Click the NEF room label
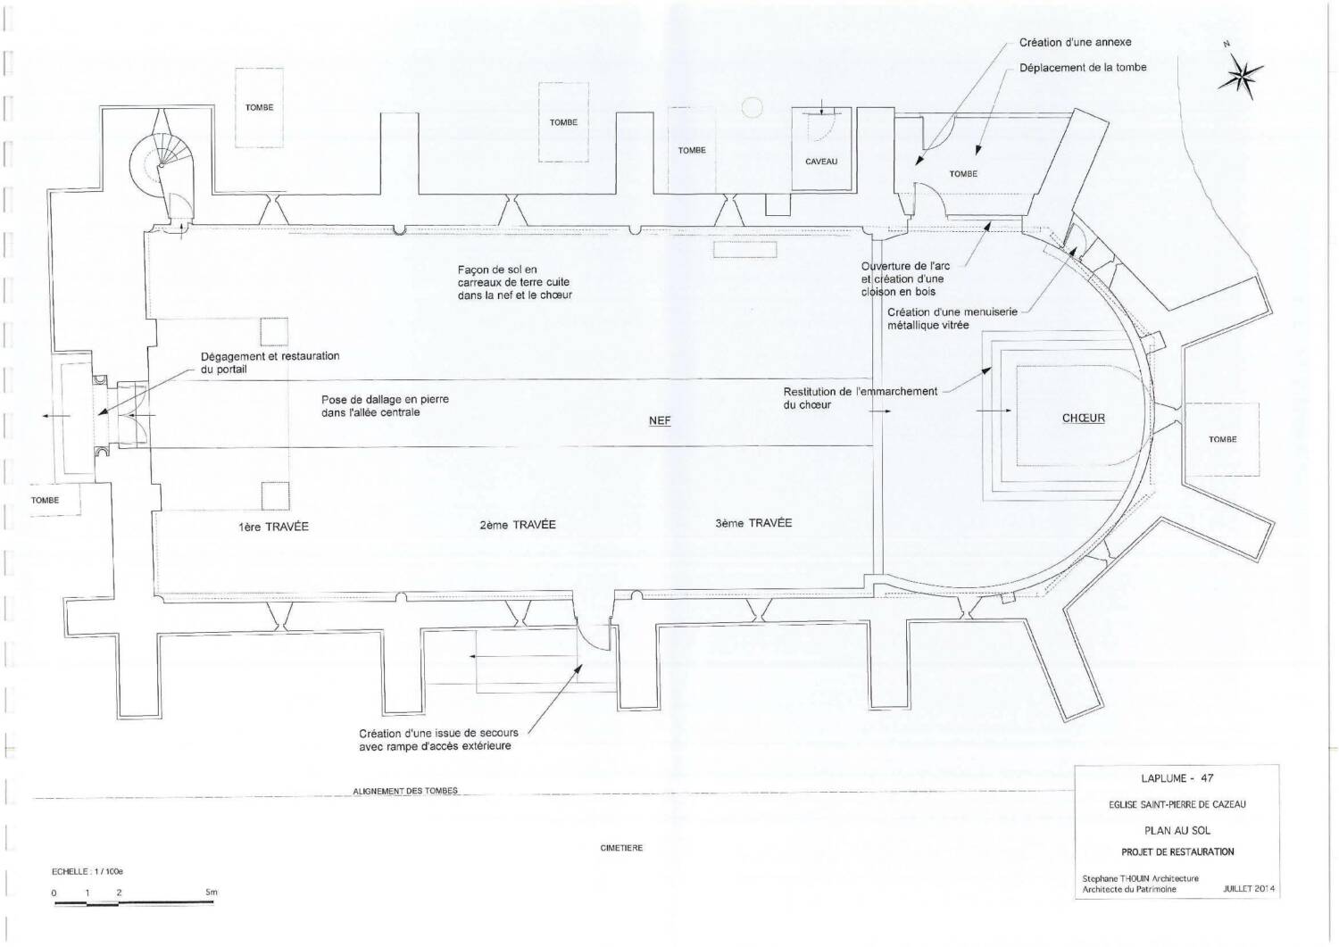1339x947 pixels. (660, 421)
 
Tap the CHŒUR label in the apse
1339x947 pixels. (1083, 419)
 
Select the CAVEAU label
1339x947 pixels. (821, 162)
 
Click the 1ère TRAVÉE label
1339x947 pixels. (273, 527)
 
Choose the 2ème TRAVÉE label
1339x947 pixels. (518, 525)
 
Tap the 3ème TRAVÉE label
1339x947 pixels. (753, 523)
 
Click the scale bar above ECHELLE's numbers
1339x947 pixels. (133, 903)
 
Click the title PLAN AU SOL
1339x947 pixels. (1177, 830)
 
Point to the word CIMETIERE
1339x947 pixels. (621, 848)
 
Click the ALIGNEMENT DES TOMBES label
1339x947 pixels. (405, 791)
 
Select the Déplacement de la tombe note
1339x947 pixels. (1083, 68)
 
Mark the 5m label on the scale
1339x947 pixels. (212, 892)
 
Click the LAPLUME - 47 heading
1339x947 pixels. (1177, 778)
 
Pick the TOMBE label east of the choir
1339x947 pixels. (1222, 439)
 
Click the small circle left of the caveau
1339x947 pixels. (752, 108)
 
